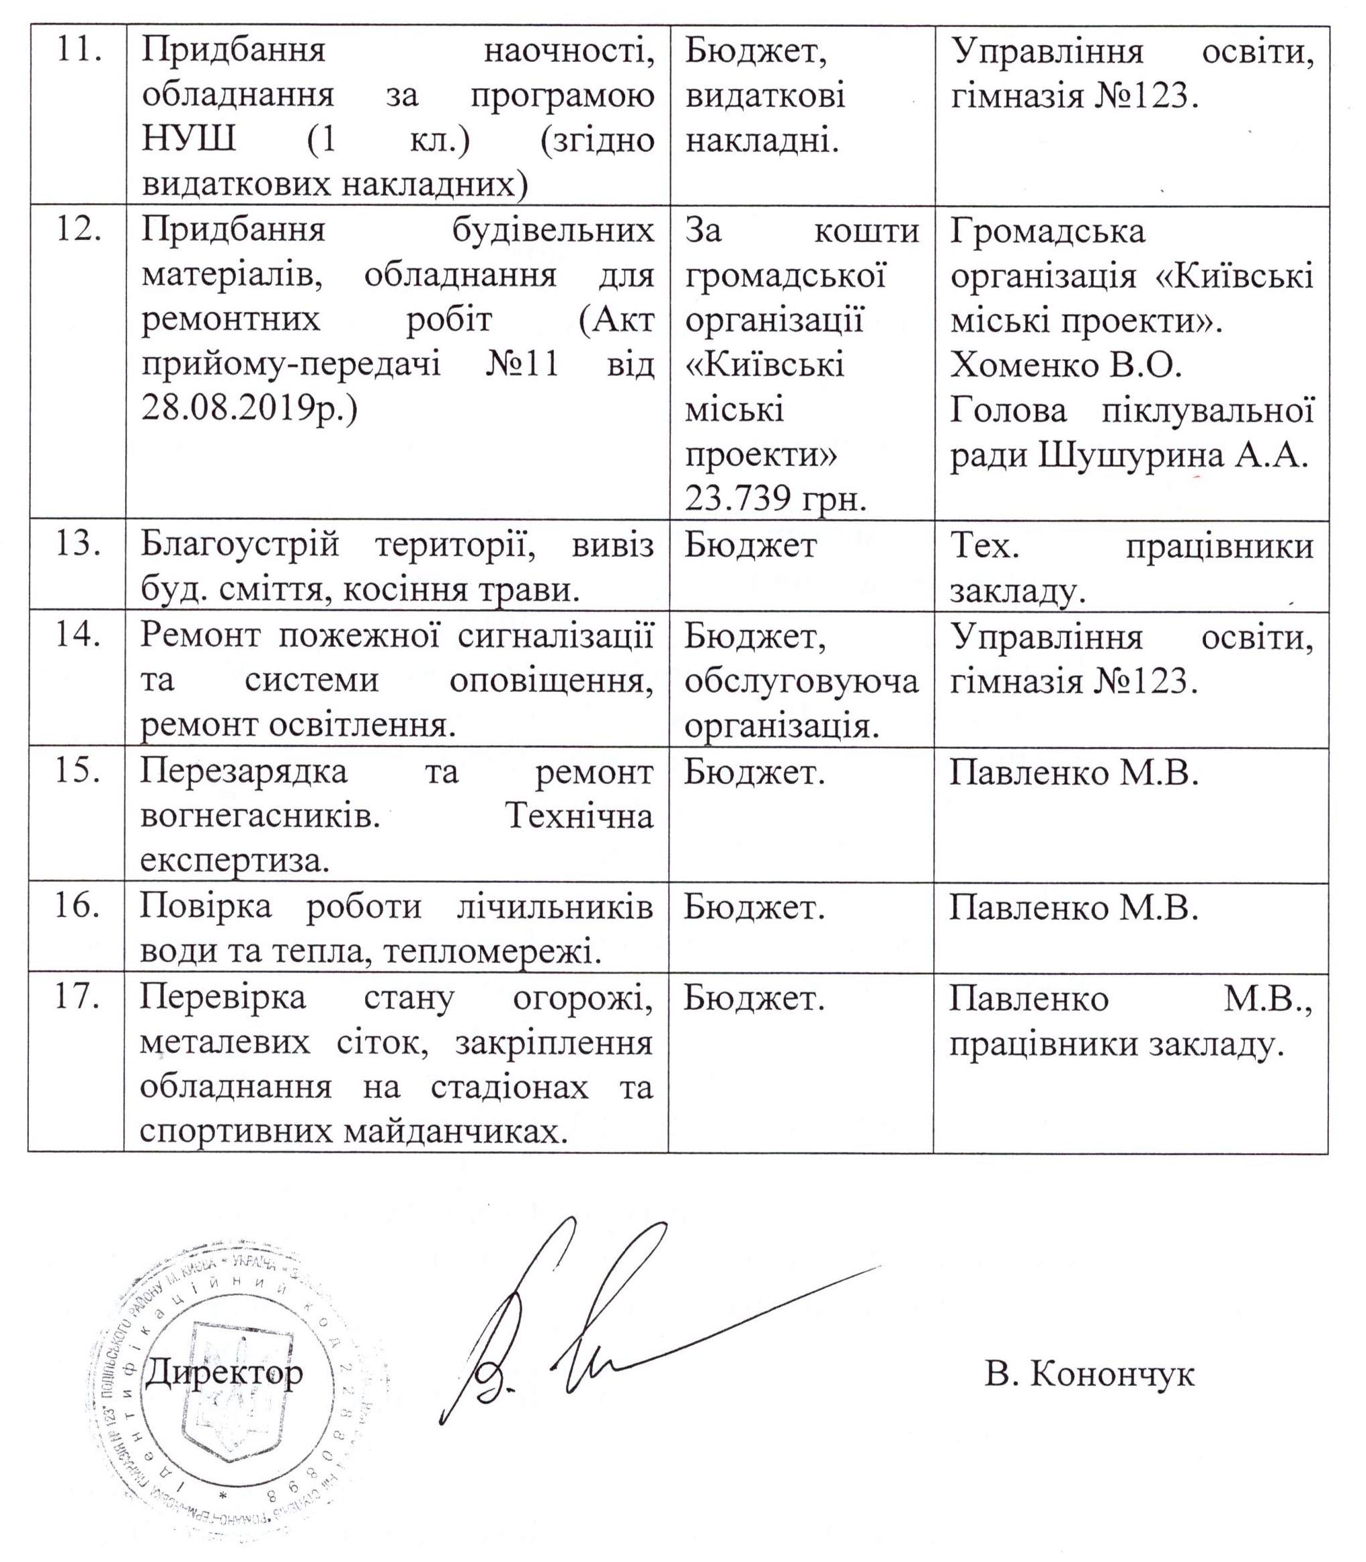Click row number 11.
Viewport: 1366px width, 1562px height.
[79, 52]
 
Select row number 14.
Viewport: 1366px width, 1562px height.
[79, 636]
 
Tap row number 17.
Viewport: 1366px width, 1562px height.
[78, 997]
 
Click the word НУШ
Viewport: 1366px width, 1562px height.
[188, 141]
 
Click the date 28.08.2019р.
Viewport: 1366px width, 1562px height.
[249, 409]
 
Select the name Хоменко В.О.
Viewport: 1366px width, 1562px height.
[1066, 366]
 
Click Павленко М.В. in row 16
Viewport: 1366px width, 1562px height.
[1074, 907]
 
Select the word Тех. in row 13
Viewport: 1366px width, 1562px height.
[984, 547]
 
